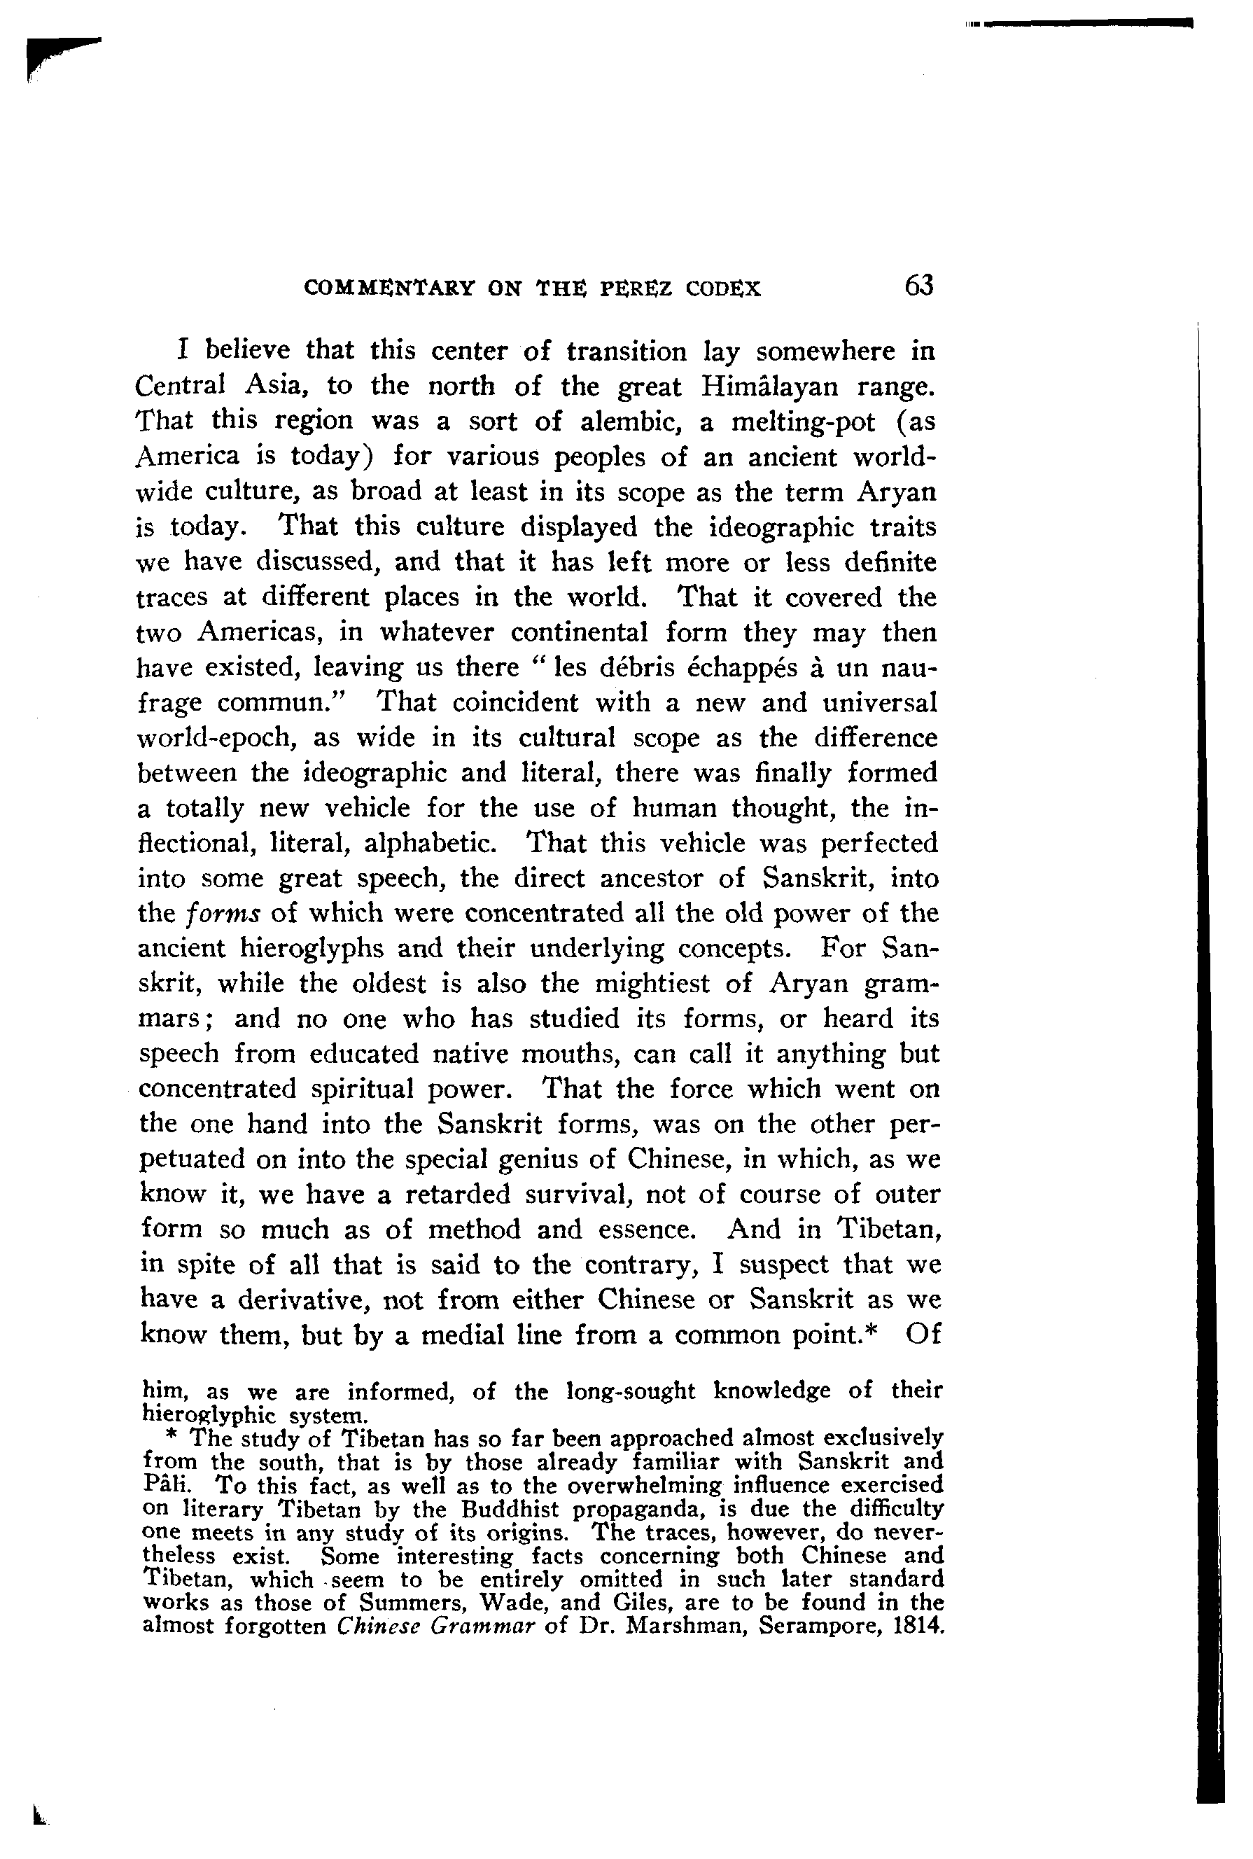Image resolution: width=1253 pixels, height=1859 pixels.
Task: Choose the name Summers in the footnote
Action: pos(401,1603)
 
